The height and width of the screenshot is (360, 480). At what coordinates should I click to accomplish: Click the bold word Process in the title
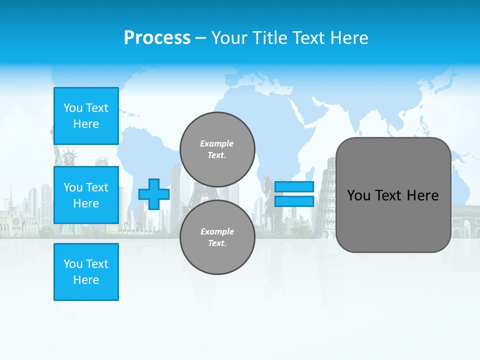click(x=157, y=37)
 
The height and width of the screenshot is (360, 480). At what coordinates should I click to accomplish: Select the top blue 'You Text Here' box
click(x=86, y=116)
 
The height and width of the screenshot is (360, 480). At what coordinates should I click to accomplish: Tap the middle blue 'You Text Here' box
click(x=86, y=195)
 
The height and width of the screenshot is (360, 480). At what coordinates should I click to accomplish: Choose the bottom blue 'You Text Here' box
click(x=86, y=272)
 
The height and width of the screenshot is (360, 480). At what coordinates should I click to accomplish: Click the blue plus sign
click(x=153, y=194)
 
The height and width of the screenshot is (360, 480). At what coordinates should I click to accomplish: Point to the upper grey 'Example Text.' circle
click(x=217, y=149)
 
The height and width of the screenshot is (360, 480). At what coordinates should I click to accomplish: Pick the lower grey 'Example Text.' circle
click(x=217, y=237)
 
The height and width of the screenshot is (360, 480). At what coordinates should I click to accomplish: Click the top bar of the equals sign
click(x=294, y=187)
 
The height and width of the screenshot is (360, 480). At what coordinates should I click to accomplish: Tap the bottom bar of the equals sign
click(x=294, y=201)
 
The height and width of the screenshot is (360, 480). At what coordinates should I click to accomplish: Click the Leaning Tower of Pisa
click(x=326, y=195)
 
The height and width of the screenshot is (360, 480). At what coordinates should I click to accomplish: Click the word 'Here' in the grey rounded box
click(x=422, y=195)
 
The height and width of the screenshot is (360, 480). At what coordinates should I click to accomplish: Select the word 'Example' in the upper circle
click(x=217, y=143)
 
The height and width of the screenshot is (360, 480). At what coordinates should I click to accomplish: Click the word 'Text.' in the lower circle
click(x=217, y=243)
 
